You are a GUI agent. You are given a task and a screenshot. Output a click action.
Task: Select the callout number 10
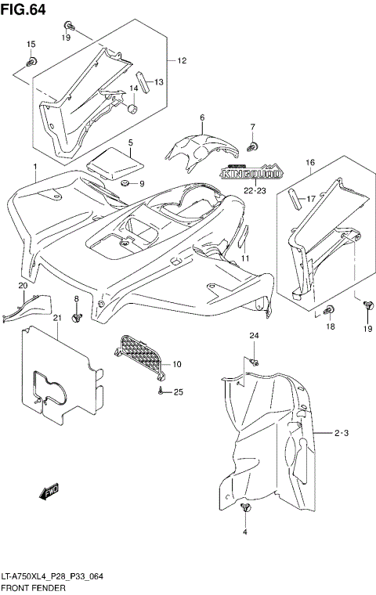pyautogui.click(x=176, y=364)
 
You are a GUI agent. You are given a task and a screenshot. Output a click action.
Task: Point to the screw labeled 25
pyautogui.click(x=161, y=390)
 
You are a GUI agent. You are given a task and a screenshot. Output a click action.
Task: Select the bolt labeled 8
pyautogui.click(x=77, y=317)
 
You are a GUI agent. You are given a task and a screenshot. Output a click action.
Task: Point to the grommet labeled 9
pyautogui.click(x=125, y=183)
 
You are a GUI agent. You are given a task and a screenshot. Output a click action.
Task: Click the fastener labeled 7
pyautogui.click(x=252, y=146)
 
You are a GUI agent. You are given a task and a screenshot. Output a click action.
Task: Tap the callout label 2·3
pyautogui.click(x=341, y=432)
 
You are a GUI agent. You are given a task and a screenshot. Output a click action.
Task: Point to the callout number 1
pyautogui.click(x=34, y=167)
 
